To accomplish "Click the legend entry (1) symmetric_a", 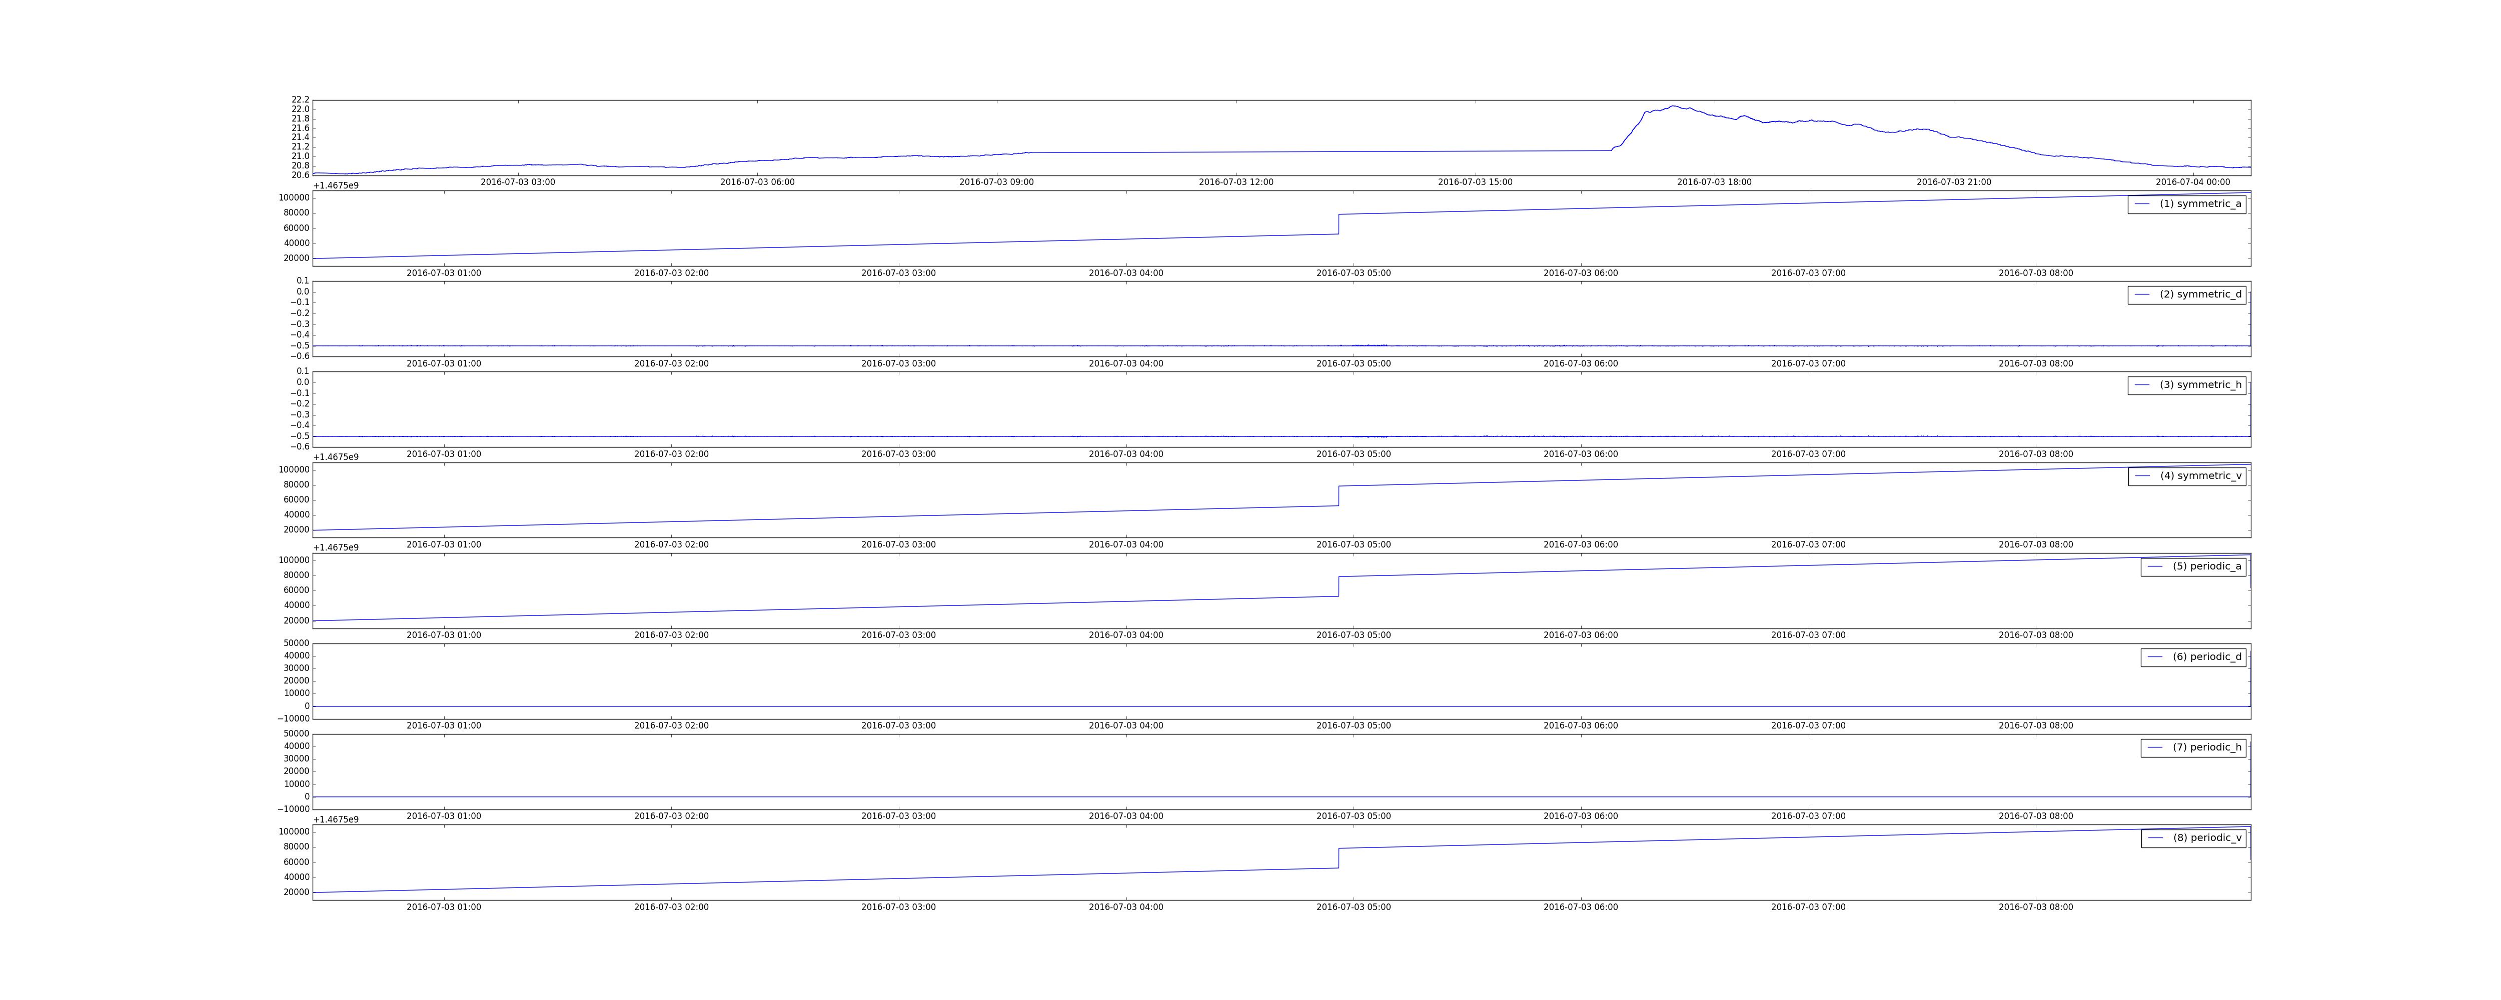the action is (x=2186, y=204).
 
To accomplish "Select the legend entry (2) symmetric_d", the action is (x=2186, y=294).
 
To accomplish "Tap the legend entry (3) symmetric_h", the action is (x=2186, y=384).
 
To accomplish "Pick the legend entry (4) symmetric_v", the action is (x=2186, y=475).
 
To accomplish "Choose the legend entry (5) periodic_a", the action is (x=2193, y=566).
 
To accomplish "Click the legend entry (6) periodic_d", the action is (x=2193, y=656).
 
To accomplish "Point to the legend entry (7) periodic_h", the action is (x=2193, y=747).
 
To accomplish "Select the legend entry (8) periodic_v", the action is (x=2193, y=838).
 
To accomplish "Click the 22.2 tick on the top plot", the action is (x=300, y=100).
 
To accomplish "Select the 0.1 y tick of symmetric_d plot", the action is (x=303, y=280).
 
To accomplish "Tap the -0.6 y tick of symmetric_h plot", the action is (x=300, y=446).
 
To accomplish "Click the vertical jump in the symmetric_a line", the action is (x=1339, y=224).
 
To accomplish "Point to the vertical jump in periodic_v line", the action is (x=1339, y=858).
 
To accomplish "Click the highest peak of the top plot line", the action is (x=1673, y=106).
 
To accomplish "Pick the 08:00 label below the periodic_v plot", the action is (x=2036, y=907).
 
